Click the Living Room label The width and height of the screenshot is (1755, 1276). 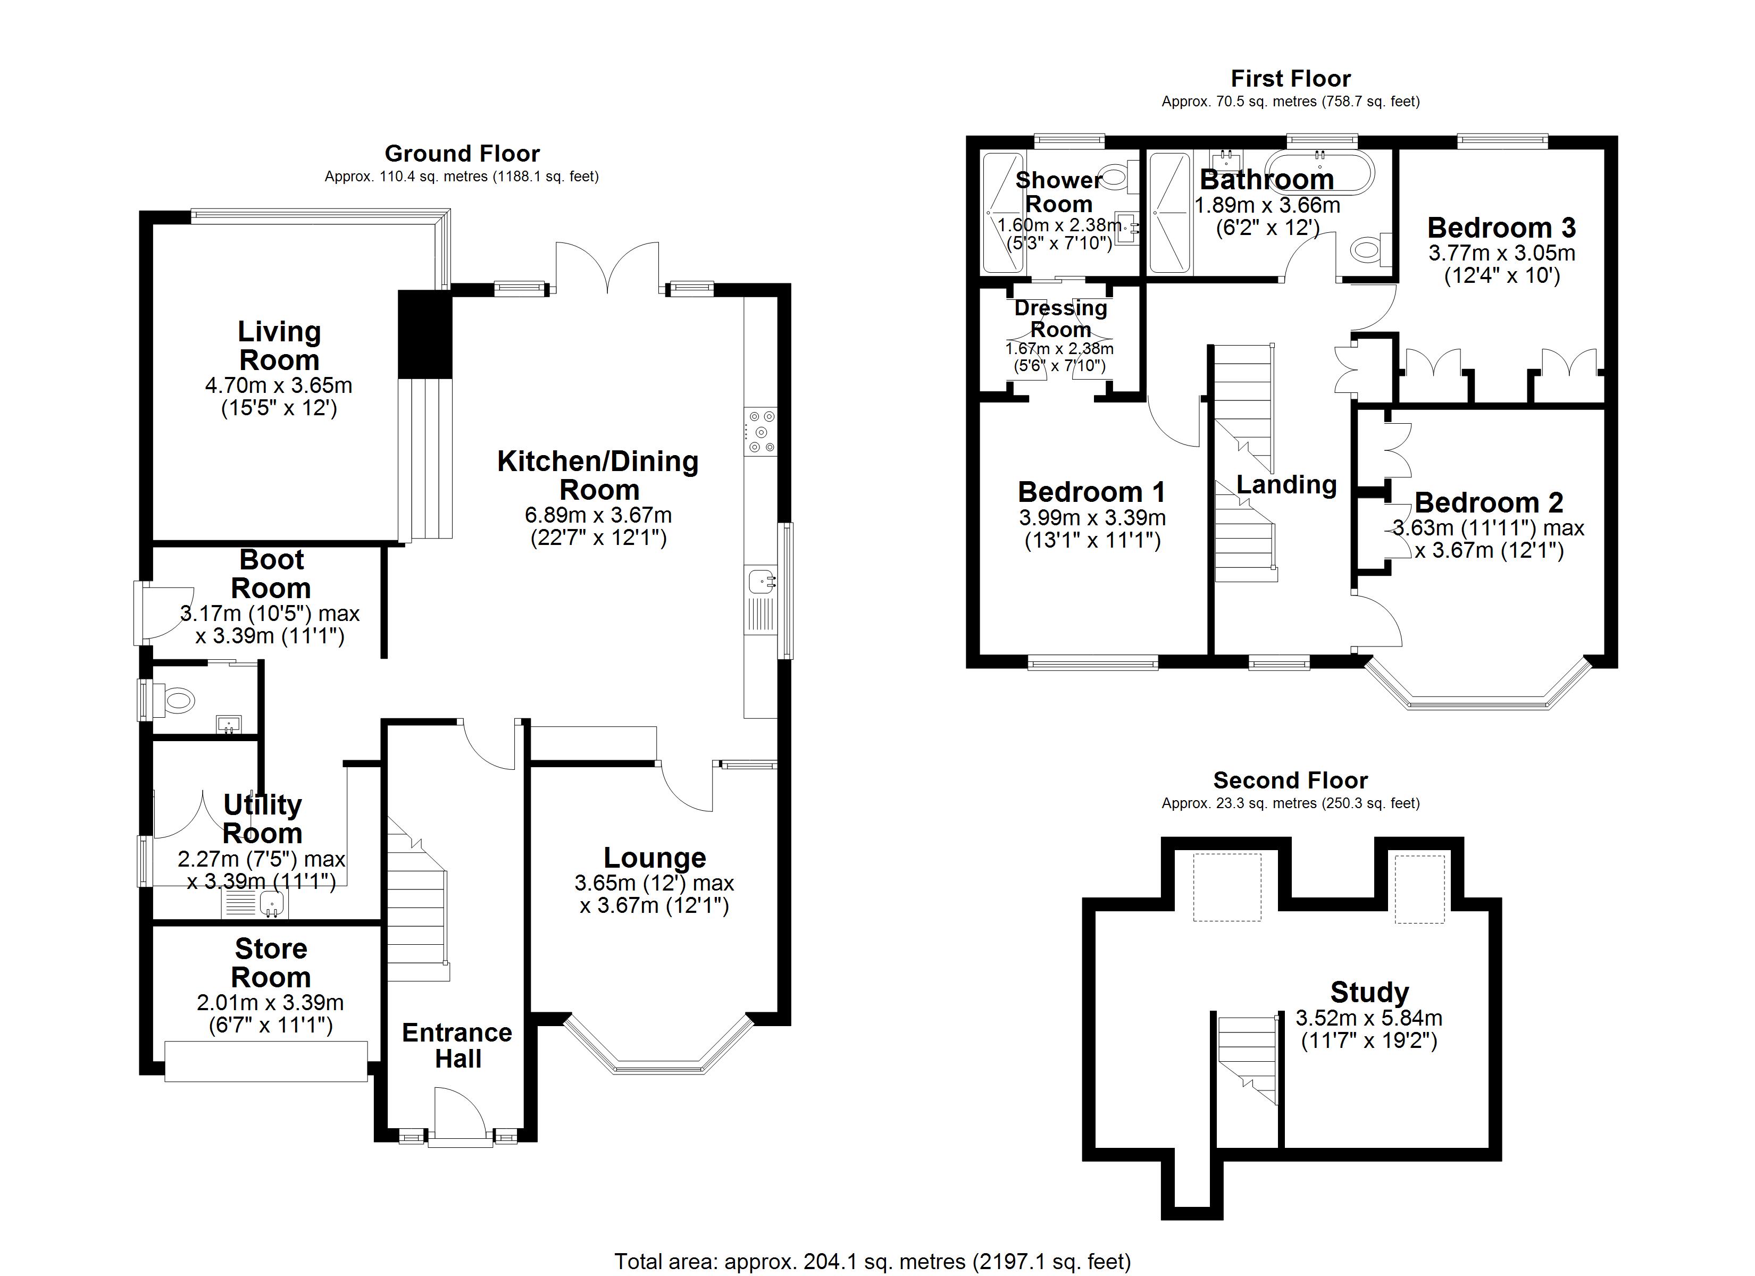[x=279, y=346]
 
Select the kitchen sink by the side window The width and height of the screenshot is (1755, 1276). [x=762, y=581]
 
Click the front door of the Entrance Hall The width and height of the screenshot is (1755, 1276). [x=459, y=1115]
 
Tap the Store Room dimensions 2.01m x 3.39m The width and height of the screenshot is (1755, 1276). [x=270, y=1003]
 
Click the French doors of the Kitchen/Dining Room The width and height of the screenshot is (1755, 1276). [x=607, y=267]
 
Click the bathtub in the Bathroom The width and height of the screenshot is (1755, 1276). [x=1320, y=172]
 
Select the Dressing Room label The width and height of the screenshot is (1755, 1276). [x=1060, y=318]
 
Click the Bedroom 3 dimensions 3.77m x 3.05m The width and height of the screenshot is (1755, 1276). [x=1501, y=253]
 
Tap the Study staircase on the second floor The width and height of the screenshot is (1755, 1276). [x=1247, y=1060]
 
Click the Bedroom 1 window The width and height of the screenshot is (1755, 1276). [x=1092, y=662]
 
